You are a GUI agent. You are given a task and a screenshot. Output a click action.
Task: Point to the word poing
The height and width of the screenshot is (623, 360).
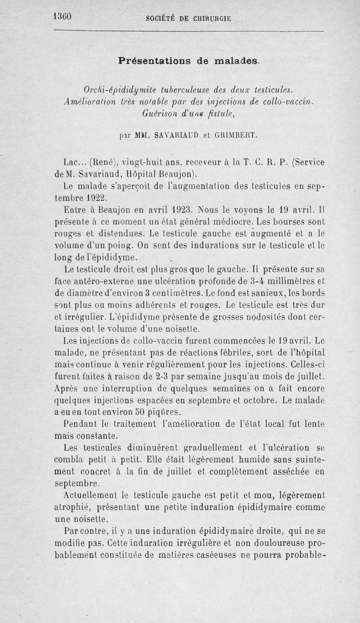[x=119, y=246]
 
